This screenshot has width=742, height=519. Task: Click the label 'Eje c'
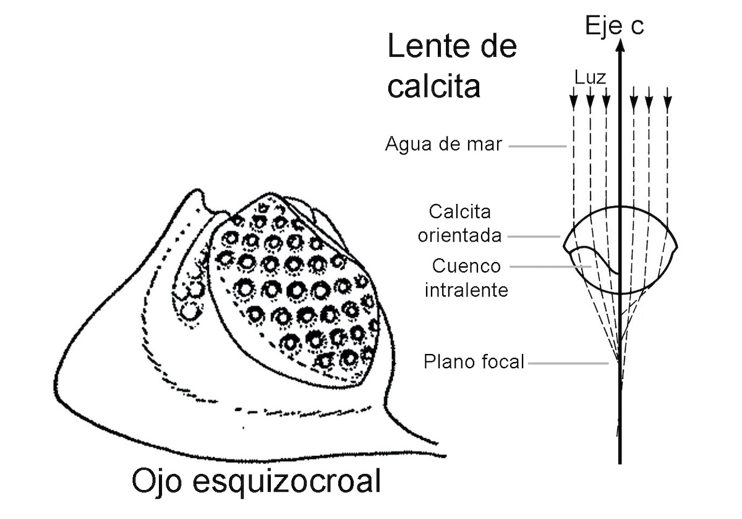tap(614, 27)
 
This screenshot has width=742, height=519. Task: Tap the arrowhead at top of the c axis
tap(620, 43)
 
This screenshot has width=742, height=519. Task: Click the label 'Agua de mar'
tap(443, 145)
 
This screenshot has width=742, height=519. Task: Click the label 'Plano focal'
tap(474, 361)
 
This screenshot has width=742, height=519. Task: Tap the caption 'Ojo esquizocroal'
tap(255, 482)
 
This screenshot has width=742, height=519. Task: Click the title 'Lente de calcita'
tap(451, 67)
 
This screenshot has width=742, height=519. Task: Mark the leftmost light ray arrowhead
tap(573, 101)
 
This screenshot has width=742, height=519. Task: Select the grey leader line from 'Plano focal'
tap(568, 363)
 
